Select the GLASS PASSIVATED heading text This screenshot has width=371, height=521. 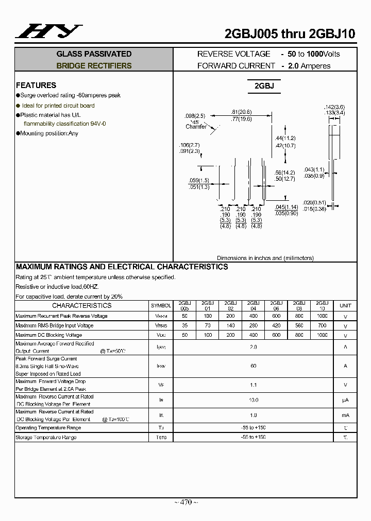94,54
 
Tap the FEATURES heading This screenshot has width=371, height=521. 36,85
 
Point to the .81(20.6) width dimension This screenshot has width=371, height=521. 241,112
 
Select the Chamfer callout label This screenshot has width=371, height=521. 196,127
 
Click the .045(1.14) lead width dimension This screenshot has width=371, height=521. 286,207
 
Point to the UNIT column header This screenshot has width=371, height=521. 345,306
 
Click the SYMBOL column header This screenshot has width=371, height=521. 161,306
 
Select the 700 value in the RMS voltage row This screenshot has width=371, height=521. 322,326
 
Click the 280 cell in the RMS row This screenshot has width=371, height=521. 253,326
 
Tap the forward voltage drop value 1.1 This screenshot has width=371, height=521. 253,385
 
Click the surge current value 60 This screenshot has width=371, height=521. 253,366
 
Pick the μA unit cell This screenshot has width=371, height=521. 345,400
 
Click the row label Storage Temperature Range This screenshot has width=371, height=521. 46,438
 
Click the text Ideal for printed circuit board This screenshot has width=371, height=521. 58,106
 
